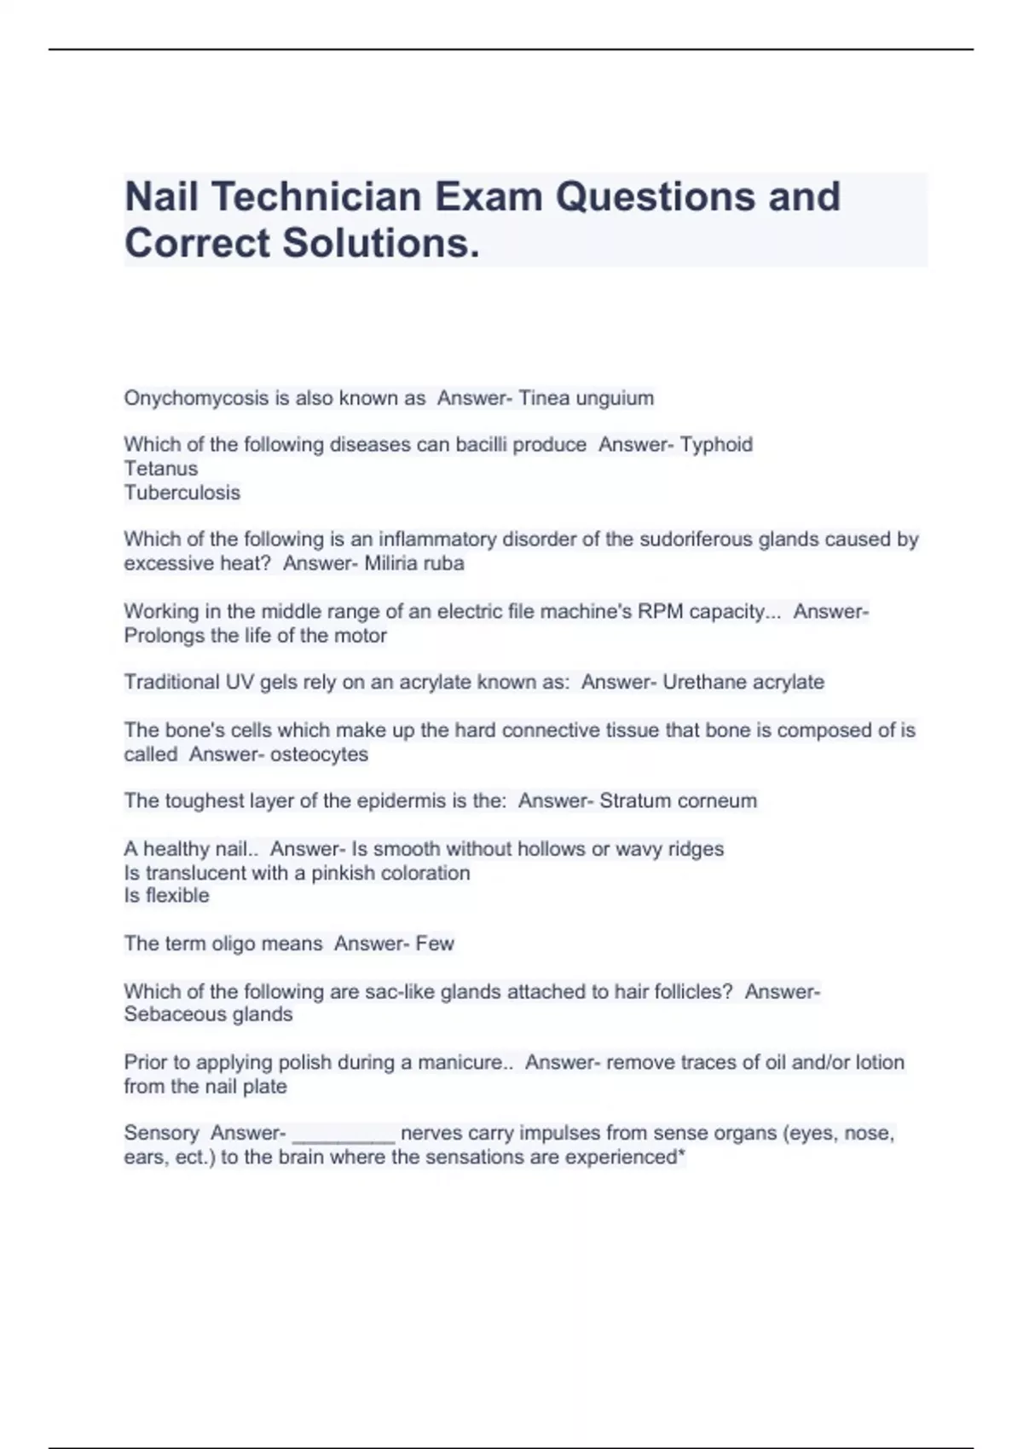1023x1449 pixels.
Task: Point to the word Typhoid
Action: (x=716, y=445)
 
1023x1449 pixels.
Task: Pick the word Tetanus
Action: (x=161, y=469)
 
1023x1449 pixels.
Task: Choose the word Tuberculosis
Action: (x=182, y=493)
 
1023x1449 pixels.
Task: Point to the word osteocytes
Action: (x=319, y=754)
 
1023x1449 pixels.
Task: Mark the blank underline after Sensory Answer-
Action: (x=344, y=1137)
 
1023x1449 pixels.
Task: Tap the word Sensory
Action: (x=161, y=1134)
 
